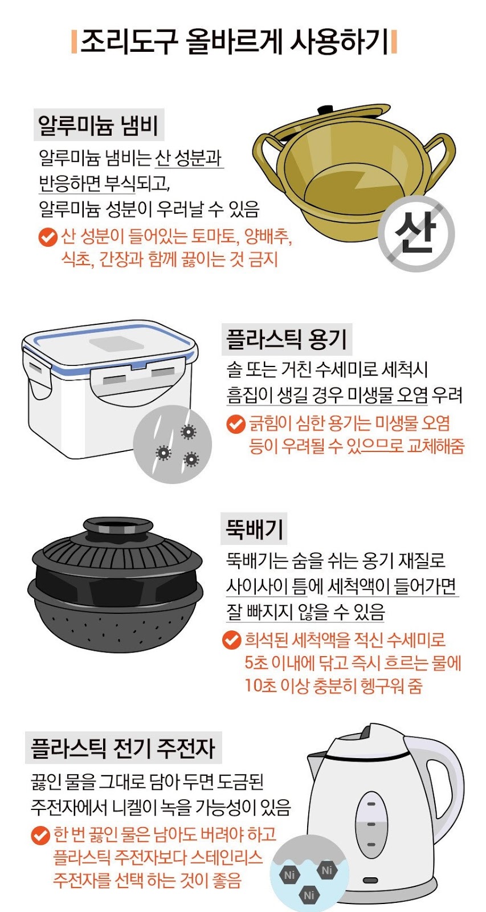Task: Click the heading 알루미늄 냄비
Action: [x=98, y=125]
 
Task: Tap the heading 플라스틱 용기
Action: [x=287, y=340]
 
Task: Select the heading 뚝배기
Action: [x=254, y=529]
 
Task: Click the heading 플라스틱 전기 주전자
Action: [x=123, y=748]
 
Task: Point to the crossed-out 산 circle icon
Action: [x=416, y=234]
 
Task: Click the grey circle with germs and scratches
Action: [x=173, y=444]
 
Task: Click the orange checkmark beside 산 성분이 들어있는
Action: [x=48, y=237]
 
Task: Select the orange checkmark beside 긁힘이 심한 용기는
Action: [x=236, y=424]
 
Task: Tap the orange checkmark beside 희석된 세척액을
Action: [x=231, y=641]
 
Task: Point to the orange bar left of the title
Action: [x=74, y=42]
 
